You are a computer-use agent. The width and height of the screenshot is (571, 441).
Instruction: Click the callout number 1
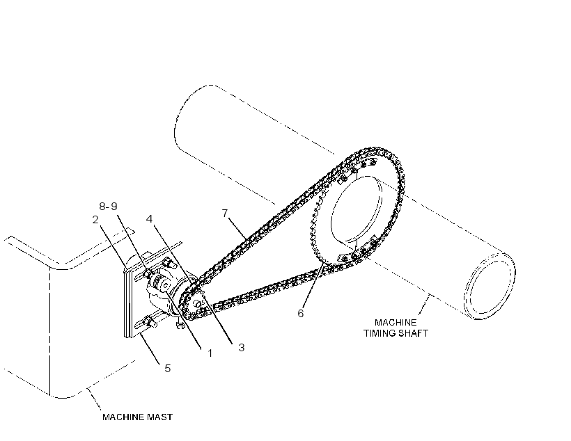210,353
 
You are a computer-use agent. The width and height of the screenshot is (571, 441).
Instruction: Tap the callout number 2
95,219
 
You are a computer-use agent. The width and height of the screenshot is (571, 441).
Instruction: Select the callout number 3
242,348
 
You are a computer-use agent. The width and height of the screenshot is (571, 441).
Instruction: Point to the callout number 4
149,218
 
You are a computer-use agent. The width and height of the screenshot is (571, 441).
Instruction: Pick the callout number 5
168,368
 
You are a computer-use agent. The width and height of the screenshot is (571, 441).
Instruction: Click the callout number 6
300,313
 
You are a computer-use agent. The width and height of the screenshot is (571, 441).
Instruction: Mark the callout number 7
225,213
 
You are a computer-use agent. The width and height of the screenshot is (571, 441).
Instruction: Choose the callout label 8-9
108,207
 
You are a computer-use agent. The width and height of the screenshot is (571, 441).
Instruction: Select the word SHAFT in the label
414,333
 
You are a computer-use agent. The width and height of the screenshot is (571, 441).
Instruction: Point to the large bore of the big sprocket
356,210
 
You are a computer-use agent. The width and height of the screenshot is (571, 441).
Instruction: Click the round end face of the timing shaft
490,286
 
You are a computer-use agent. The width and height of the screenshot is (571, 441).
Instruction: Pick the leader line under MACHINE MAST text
93,399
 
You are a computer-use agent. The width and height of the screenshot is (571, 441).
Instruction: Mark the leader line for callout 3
218,319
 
